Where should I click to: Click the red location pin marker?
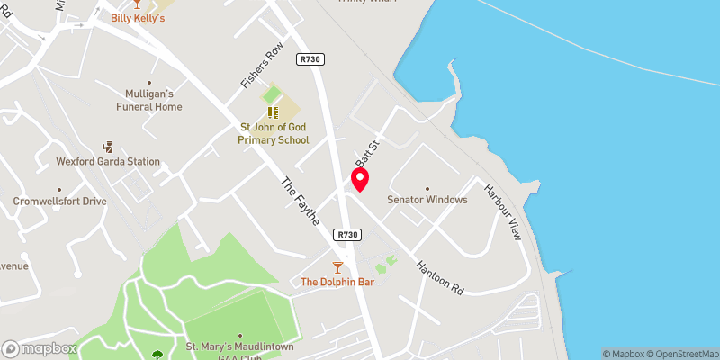[x=360, y=180]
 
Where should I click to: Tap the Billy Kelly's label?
[x=138, y=18]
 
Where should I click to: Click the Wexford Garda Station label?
[x=108, y=162]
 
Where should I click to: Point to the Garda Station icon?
[x=108, y=146]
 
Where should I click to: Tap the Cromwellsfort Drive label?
[x=59, y=201]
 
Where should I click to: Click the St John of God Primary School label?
[x=274, y=134]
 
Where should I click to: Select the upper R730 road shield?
[x=312, y=59]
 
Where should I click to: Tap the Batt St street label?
[x=364, y=151]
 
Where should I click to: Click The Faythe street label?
[x=301, y=200]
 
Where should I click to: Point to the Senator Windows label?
[x=427, y=200]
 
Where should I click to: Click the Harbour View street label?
[x=501, y=212]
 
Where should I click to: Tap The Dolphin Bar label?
[x=337, y=282]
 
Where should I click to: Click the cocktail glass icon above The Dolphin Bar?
[x=337, y=266]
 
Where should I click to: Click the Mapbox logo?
[x=40, y=348]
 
